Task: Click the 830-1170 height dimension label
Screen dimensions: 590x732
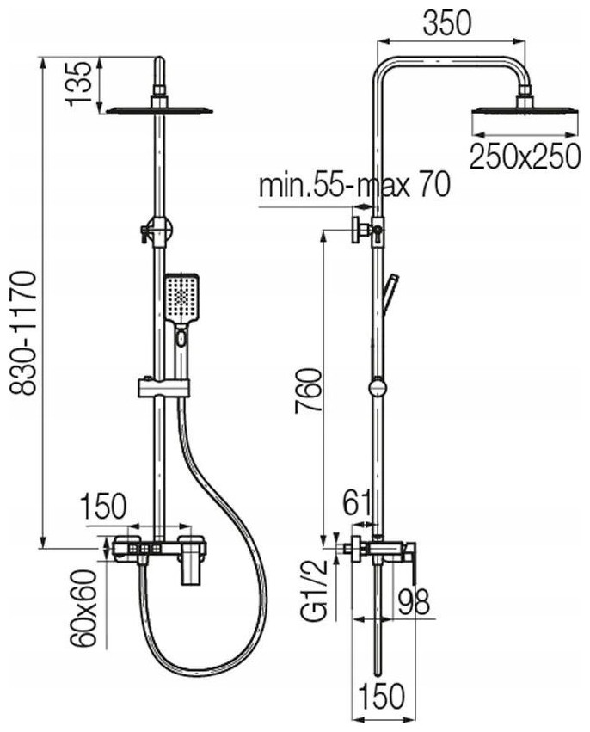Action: coord(23,334)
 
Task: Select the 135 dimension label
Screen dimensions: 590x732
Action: coord(77,83)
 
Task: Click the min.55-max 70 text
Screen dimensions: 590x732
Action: coord(354,185)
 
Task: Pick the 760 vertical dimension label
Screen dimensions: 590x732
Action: coord(308,391)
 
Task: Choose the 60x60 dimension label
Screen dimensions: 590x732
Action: coord(83,608)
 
